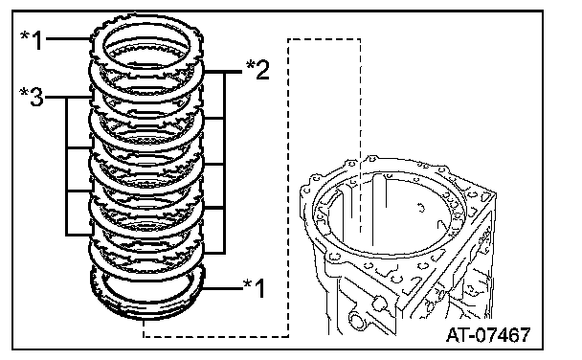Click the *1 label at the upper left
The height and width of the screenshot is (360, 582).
32,40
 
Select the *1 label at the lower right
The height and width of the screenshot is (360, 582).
255,287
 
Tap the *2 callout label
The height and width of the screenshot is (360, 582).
257,69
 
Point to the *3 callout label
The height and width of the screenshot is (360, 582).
32,97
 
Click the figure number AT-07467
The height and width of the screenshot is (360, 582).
488,335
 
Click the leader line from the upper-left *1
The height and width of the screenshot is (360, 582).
68,38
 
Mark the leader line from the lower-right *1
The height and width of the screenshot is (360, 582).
222,288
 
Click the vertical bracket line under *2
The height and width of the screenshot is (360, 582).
224,163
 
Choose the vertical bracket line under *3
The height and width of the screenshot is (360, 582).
67,167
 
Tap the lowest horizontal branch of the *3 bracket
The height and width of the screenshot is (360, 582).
79,235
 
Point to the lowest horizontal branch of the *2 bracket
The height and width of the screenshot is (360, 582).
214,254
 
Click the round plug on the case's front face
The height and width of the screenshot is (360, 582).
379,303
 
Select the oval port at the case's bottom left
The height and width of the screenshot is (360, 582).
356,320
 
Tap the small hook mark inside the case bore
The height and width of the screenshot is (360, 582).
421,207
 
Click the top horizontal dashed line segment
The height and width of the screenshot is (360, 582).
325,38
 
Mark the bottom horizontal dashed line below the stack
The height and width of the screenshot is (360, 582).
216,337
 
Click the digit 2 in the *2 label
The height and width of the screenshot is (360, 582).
262,70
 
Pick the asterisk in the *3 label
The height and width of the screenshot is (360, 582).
24,92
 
